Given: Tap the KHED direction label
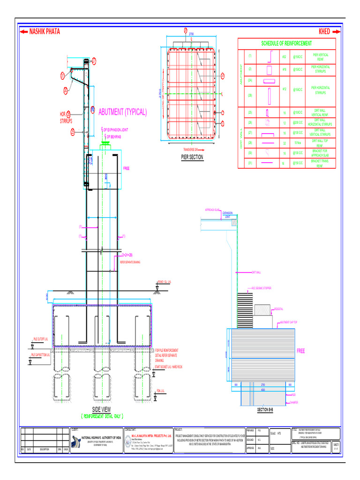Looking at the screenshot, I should coord(324,32).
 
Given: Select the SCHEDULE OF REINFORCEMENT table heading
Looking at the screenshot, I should coord(286,43).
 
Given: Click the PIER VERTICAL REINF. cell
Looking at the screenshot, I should coord(320,57).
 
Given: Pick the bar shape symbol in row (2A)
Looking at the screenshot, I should coord(269,81).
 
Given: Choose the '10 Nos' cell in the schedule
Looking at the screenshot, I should coord(298,142).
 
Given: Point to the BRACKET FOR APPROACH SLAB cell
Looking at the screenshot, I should coord(320,153).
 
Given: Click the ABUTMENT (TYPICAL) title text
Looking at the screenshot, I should coord(122,112).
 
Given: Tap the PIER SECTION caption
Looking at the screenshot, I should coord(192,157).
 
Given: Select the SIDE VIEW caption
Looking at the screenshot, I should coord(101,409).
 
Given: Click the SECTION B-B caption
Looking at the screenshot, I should coord(265,410).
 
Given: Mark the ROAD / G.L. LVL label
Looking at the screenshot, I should coord(164,282).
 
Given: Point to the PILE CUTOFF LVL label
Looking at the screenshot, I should coord(41,338).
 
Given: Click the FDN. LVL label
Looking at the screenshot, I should coord(161,390).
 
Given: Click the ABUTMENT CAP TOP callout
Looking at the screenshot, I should coord(290,322).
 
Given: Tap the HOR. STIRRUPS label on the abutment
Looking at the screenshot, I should coord(65,117).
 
